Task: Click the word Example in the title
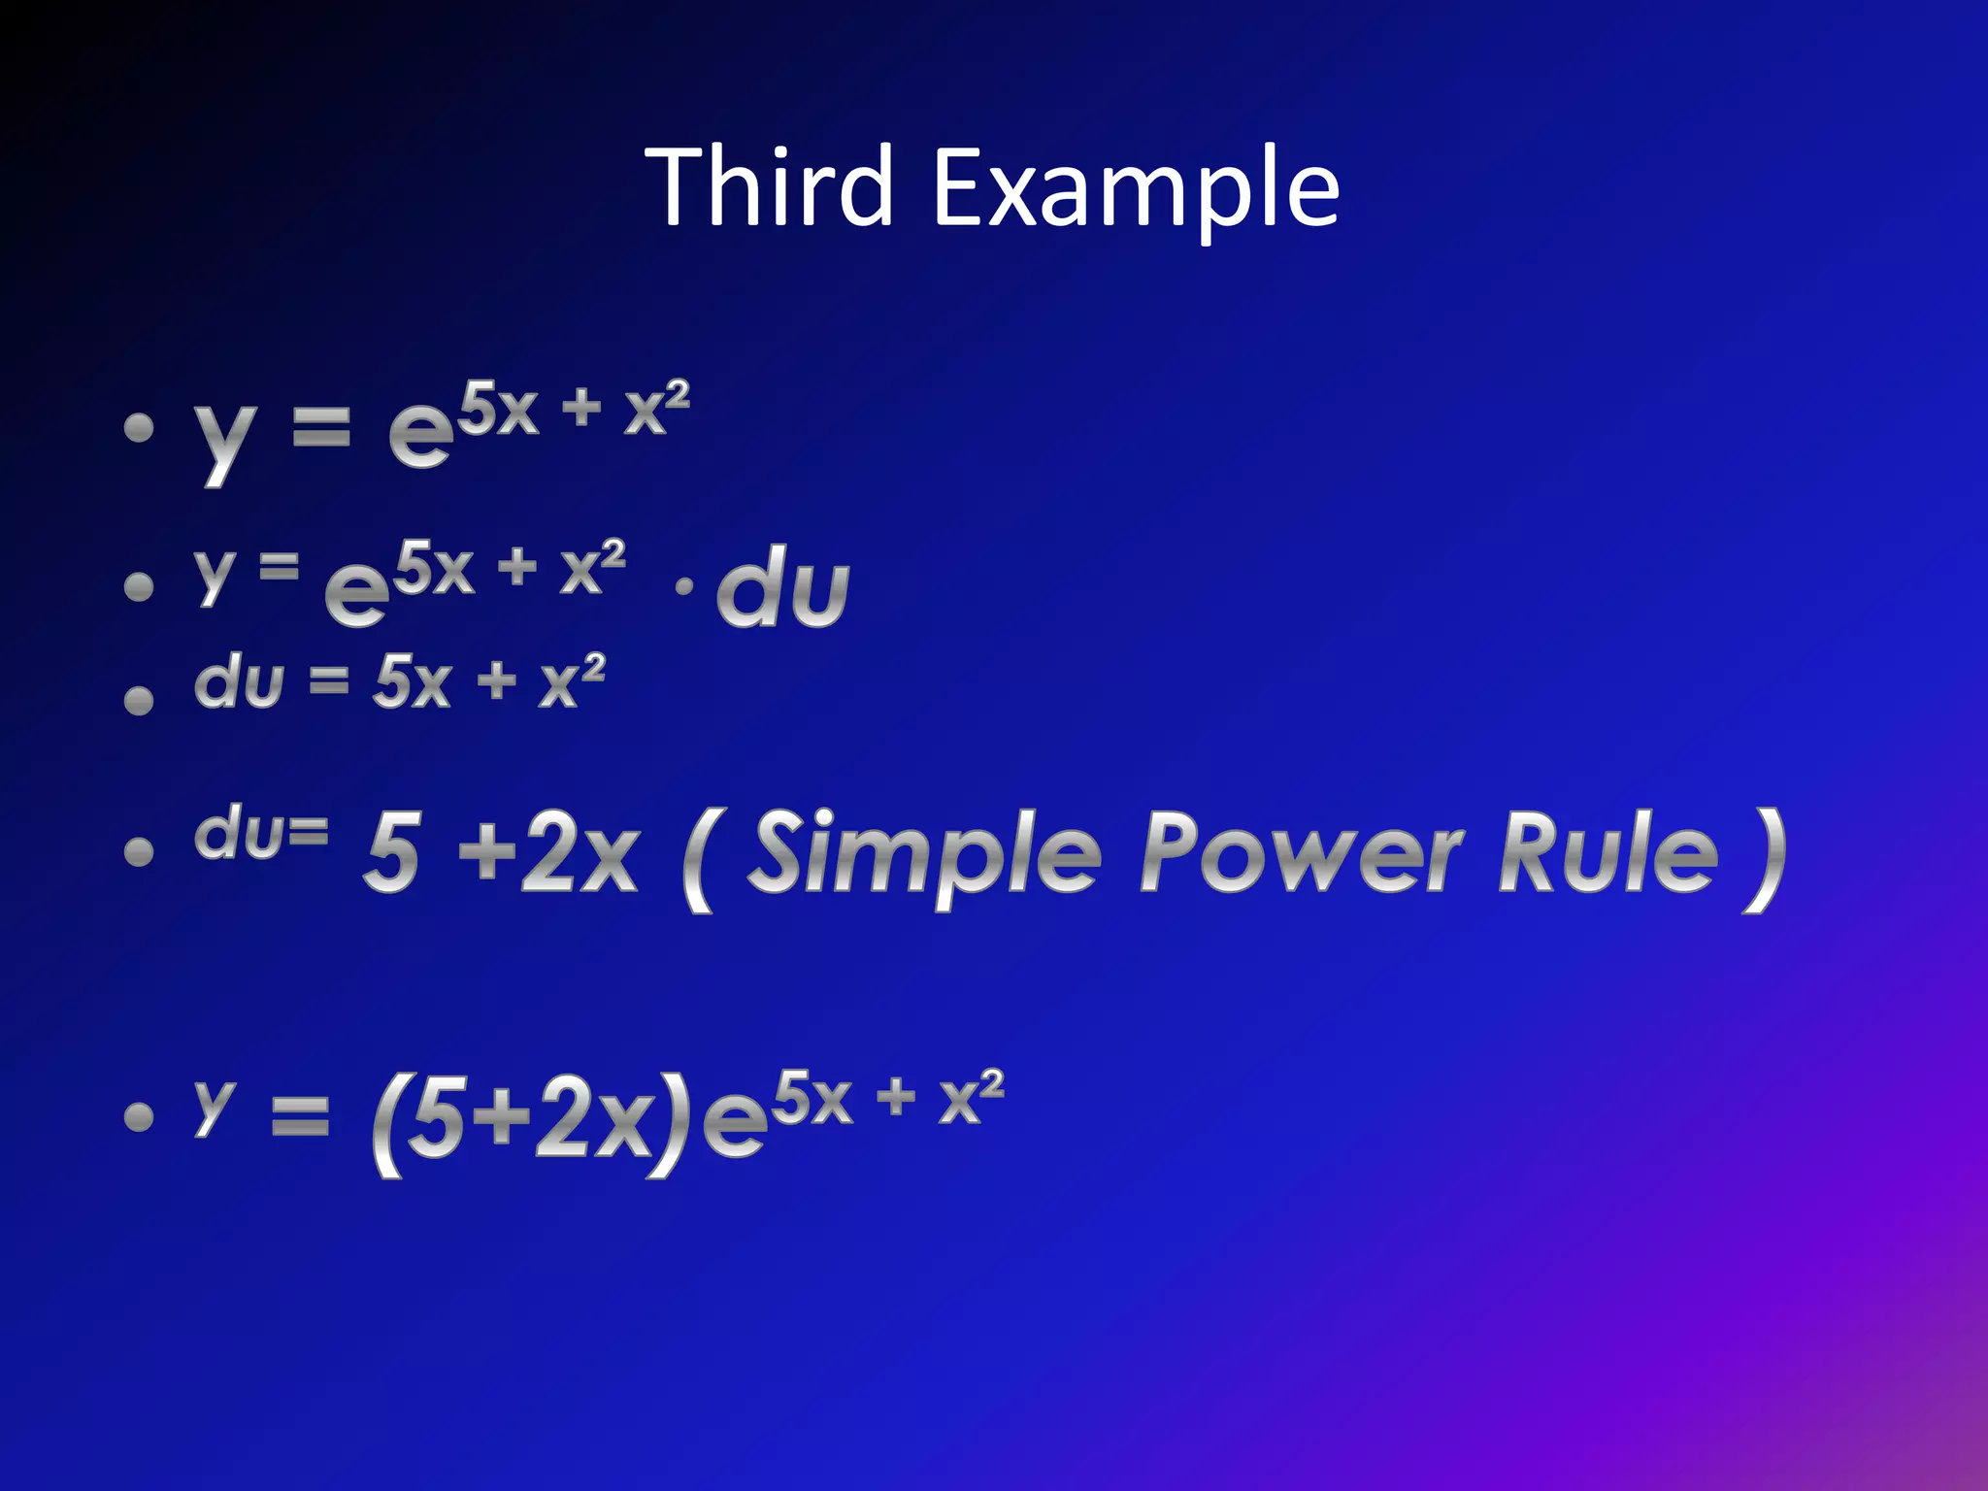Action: [x=1136, y=190]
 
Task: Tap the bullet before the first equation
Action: [x=139, y=428]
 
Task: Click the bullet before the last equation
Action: [x=139, y=1116]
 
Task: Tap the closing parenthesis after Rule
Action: [x=1764, y=860]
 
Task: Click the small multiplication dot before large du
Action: [x=684, y=586]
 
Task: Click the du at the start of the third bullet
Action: [x=239, y=681]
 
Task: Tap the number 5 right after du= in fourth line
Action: [x=393, y=852]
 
